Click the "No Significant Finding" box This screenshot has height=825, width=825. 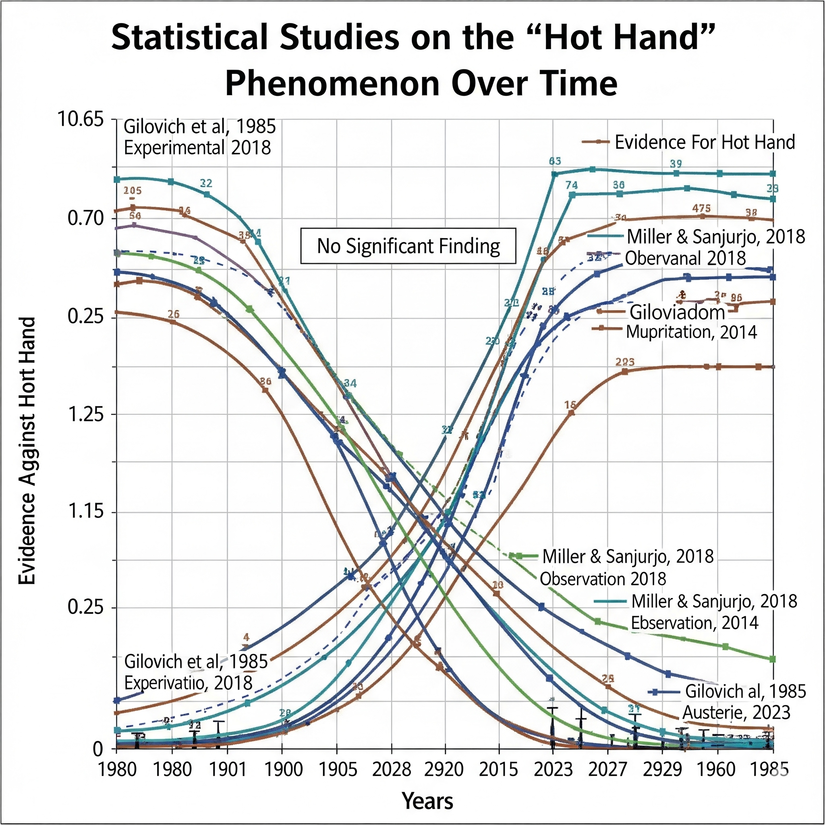(408, 247)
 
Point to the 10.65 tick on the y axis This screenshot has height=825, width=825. (81, 119)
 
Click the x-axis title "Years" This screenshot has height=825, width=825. (427, 801)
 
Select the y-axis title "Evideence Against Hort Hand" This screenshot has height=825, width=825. (27, 450)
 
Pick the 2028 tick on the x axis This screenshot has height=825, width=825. (391, 769)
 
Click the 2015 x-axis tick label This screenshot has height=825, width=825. (498, 769)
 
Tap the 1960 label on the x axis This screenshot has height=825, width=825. (716, 769)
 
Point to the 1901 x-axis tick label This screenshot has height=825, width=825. (228, 769)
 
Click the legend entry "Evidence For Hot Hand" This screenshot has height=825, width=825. (704, 142)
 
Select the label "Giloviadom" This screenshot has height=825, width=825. (677, 312)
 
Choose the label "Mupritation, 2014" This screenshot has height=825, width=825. (691, 332)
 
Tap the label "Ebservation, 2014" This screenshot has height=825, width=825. (694, 623)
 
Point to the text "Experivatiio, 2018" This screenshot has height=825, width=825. (188, 683)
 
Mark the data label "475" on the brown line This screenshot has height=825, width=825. (702, 208)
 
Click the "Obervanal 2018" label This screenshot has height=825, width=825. (685, 258)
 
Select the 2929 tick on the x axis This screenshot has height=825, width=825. (662, 769)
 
